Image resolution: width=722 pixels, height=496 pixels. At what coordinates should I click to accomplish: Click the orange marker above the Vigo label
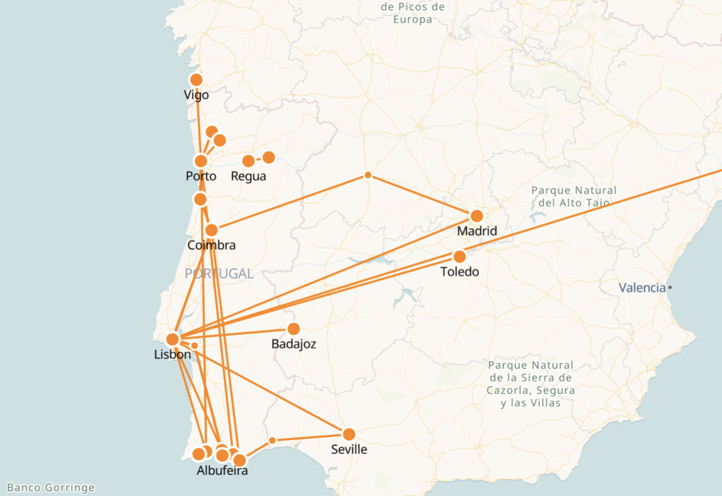click(x=196, y=80)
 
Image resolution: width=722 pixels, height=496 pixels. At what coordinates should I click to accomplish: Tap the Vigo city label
click(x=196, y=95)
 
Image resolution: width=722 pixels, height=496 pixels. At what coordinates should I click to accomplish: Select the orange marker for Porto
click(x=201, y=161)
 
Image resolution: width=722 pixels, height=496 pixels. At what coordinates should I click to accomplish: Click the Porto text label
click(x=201, y=176)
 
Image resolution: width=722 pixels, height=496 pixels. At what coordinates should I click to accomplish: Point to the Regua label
click(x=248, y=176)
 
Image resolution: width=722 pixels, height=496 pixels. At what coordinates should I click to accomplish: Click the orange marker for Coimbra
click(x=212, y=230)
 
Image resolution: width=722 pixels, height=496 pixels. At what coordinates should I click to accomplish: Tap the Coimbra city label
click(x=212, y=245)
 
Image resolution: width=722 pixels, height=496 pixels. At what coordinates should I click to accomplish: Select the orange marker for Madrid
click(x=477, y=216)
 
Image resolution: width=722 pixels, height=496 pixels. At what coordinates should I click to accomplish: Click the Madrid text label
click(x=477, y=231)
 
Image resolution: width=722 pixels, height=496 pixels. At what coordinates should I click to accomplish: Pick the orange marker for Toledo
click(x=459, y=257)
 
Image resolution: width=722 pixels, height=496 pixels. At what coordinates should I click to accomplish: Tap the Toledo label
click(x=459, y=272)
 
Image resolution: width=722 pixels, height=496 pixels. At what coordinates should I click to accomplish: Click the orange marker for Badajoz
click(x=294, y=329)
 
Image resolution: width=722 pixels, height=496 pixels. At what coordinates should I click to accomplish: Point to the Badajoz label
click(x=294, y=344)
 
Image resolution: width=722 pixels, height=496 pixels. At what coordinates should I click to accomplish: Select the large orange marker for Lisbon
click(x=173, y=339)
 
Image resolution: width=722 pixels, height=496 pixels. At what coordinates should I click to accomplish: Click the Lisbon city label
click(x=172, y=355)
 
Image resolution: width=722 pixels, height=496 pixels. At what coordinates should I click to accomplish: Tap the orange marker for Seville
click(x=349, y=434)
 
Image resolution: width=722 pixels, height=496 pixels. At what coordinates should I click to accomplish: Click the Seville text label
click(x=349, y=449)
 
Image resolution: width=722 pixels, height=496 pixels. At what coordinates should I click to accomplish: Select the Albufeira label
click(x=222, y=470)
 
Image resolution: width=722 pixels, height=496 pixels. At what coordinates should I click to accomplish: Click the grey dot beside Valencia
click(x=670, y=288)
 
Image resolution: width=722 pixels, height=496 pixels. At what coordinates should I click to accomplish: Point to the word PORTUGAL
click(x=219, y=274)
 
